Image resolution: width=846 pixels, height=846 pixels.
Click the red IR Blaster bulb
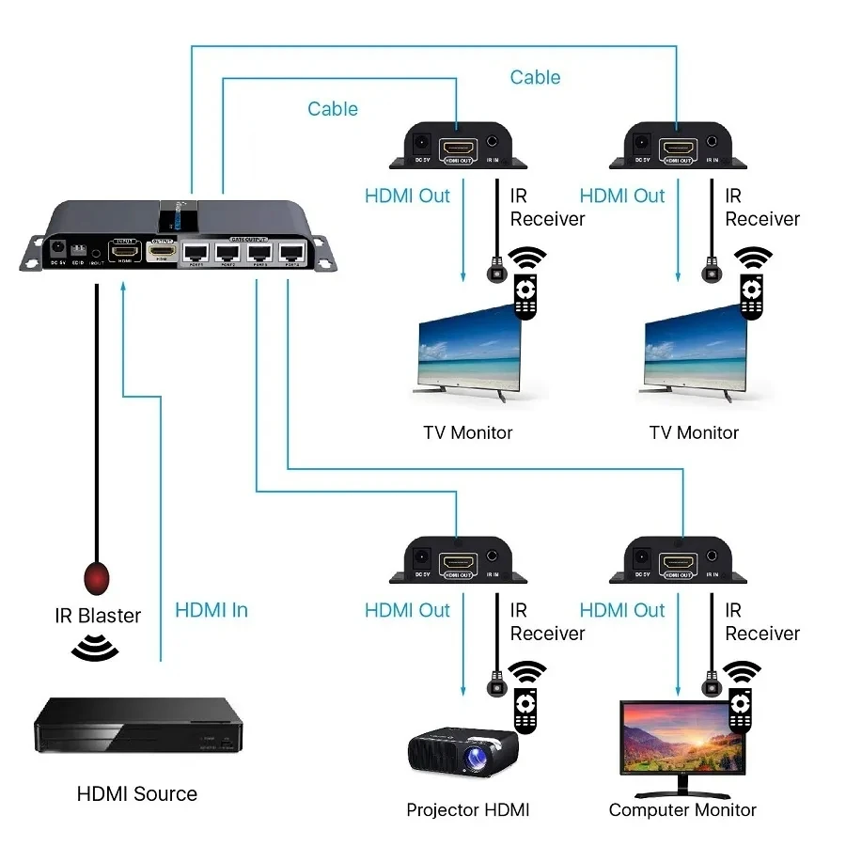click(97, 575)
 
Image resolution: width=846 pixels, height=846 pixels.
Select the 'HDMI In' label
click(211, 610)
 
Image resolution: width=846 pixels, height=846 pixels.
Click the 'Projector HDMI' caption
click(468, 809)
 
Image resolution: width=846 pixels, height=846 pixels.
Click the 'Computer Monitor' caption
click(682, 809)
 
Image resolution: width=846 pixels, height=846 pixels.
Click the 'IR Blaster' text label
click(98, 616)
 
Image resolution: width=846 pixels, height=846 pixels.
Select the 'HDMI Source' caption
click(137, 793)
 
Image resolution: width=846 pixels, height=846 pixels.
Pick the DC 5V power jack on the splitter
click(57, 251)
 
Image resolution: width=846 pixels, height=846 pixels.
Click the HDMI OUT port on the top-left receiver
click(459, 149)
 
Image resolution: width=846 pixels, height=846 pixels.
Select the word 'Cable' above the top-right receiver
click(535, 77)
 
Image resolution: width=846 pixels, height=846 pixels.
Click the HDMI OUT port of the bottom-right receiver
click(676, 562)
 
